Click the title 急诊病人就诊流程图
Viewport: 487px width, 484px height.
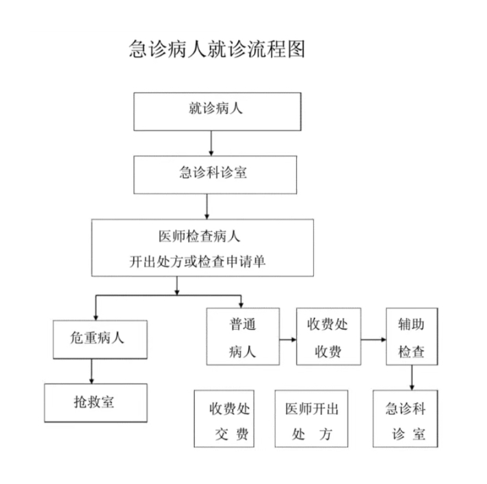coord(217,49)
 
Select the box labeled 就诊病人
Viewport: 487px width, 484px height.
coord(218,111)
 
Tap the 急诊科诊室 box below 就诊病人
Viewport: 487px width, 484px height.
coord(215,175)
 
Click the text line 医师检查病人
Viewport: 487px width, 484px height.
coord(200,237)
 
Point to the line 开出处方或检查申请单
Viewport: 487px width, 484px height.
coord(198,261)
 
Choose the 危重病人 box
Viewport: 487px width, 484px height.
coord(100,340)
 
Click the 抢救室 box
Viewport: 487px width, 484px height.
coord(96,403)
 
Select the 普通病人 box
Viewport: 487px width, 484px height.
coord(243,336)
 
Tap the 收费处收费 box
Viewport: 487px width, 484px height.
coord(328,336)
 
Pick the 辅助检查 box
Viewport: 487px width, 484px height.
coord(412,336)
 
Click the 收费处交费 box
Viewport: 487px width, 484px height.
coord(224,419)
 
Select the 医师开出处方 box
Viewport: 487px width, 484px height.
coord(311,419)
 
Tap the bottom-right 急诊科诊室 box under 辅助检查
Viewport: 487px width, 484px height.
coord(406,419)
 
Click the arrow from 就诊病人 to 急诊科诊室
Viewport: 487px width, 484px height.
coord(211,143)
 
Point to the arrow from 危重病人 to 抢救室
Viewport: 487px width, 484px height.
coord(92,371)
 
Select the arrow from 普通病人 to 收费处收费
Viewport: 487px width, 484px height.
coord(288,340)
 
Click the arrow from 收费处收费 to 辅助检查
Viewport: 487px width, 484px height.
coord(373,340)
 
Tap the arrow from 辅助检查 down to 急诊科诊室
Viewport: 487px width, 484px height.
coord(412,377)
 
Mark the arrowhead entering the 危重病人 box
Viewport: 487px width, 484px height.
coord(96,318)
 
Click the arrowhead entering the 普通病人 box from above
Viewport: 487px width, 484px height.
coord(241,306)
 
